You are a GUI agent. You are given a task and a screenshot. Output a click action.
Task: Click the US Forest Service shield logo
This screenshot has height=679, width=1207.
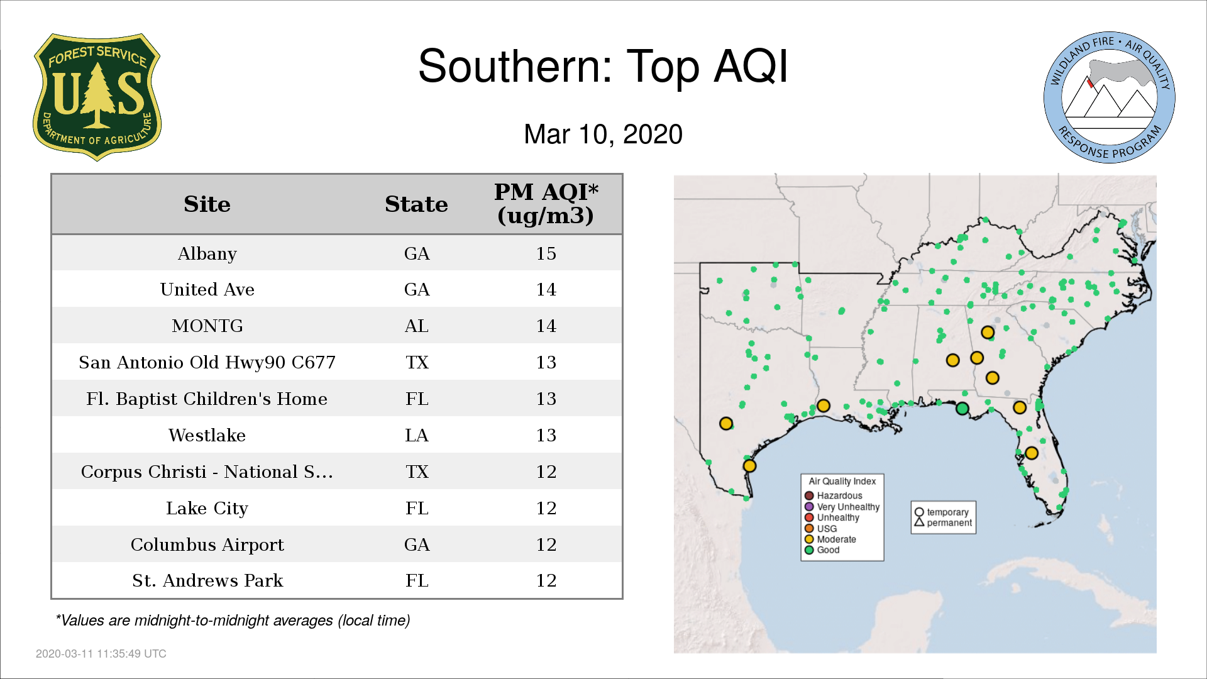(x=97, y=97)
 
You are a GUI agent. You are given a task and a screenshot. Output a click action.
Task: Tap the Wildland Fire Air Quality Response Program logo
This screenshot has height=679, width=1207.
(x=1110, y=97)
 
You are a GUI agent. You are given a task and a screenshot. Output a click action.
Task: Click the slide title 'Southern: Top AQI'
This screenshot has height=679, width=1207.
(x=603, y=66)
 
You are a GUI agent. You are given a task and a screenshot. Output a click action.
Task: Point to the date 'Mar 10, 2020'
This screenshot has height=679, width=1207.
(x=603, y=135)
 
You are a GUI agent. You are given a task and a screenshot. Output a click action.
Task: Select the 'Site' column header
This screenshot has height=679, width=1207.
(x=207, y=204)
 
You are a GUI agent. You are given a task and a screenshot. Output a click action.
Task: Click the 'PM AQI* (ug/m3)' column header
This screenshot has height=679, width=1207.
(x=546, y=204)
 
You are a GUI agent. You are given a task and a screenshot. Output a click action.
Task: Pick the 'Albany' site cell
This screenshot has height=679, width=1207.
(x=207, y=253)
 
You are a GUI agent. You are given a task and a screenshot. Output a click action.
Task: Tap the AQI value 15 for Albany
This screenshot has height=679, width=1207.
(x=546, y=253)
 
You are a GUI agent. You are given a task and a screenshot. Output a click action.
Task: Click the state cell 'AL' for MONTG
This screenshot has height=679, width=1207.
(x=417, y=326)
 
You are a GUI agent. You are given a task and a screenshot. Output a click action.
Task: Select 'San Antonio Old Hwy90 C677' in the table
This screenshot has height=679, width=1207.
(x=207, y=362)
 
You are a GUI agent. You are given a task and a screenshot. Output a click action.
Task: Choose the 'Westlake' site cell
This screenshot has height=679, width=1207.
(x=207, y=435)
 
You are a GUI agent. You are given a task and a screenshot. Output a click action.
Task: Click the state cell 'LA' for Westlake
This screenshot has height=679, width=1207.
(x=417, y=435)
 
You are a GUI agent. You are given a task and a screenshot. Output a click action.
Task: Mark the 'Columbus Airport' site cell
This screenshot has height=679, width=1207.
(x=207, y=544)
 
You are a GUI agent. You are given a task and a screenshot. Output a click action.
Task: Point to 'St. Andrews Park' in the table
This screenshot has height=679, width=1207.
(x=207, y=580)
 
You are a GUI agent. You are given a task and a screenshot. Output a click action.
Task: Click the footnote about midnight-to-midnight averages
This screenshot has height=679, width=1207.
(x=233, y=621)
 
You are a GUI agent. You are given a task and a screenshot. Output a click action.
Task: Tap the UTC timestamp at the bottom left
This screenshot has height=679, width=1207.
(x=101, y=654)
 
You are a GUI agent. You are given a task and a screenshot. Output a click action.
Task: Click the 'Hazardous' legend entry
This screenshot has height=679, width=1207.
(x=833, y=495)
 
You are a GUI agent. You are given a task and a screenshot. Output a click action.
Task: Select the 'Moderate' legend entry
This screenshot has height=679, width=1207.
(x=830, y=539)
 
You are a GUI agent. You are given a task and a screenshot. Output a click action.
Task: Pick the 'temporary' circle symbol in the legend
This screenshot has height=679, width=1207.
(x=919, y=512)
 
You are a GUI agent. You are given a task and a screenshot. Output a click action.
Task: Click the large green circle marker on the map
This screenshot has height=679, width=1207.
(x=962, y=409)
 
